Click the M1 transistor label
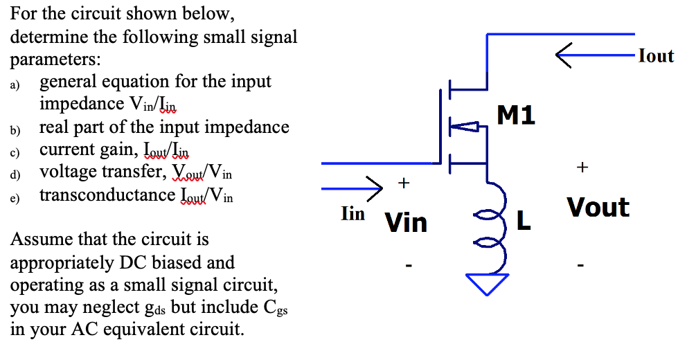tap(517, 116)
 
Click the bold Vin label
tap(407, 223)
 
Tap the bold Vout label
tap(598, 207)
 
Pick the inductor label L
tap(524, 222)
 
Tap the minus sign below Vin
tap(409, 264)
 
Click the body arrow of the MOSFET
tap(467, 126)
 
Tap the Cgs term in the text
tap(276, 307)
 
